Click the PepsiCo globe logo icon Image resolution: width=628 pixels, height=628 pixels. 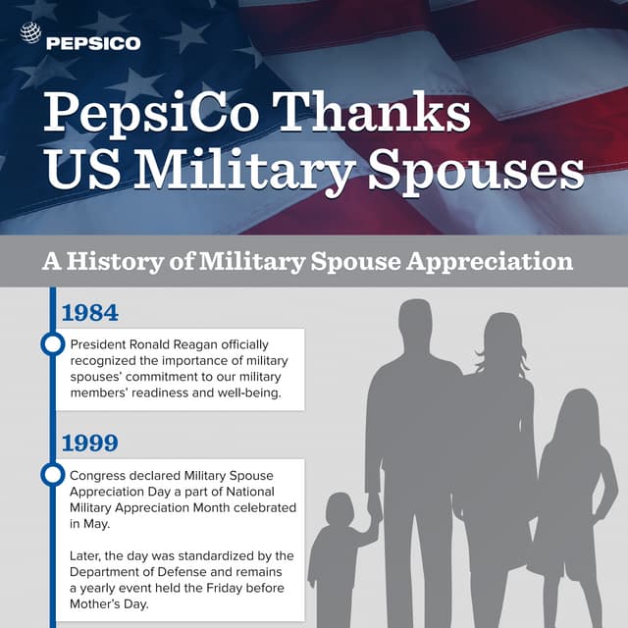31,34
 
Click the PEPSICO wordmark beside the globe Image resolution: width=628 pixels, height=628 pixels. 94,42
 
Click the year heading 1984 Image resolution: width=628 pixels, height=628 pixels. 89,313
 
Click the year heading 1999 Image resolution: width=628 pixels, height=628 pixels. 89,443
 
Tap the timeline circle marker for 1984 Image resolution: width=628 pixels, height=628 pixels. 52,345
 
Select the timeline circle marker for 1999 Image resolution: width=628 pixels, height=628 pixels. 52,475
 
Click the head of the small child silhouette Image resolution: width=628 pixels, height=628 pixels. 340,509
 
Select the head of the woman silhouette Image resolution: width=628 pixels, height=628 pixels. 501,339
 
